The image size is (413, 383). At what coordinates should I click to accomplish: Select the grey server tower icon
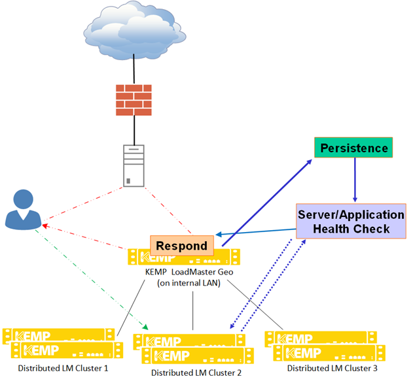[134, 165]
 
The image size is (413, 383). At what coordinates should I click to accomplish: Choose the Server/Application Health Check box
[351, 222]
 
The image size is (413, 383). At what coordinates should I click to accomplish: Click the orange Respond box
[183, 246]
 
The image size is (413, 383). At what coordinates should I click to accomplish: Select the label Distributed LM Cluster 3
[332, 369]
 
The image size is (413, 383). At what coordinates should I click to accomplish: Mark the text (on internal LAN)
[190, 283]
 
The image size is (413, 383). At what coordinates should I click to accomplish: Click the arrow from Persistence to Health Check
[355, 180]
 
